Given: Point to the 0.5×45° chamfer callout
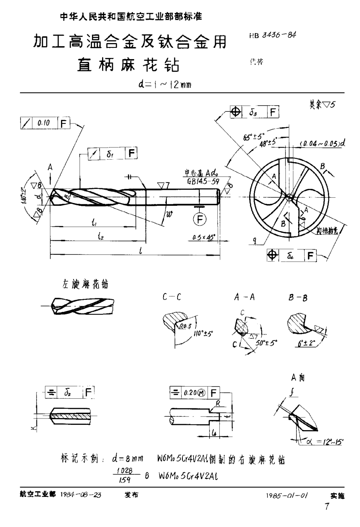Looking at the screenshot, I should pyautogui.click(x=203, y=238).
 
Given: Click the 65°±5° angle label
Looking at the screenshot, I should pyautogui.click(x=254, y=137).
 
